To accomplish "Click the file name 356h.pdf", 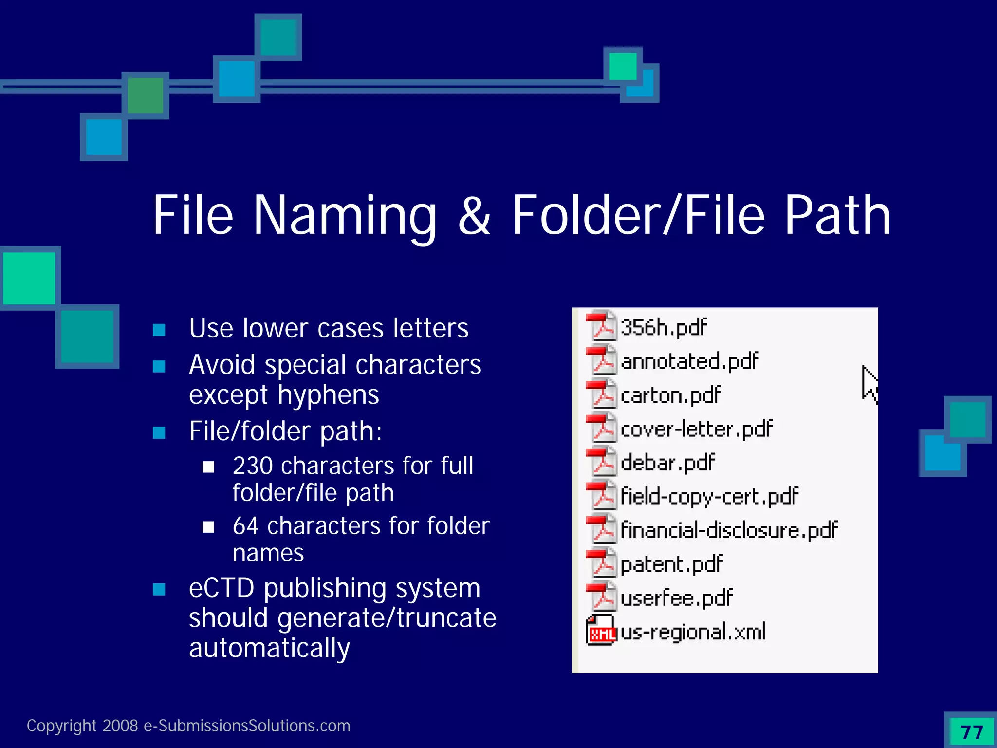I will coord(664,328).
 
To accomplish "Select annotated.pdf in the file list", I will coord(689,362).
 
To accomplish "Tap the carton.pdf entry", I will coord(670,395).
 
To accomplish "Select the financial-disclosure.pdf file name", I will coord(729,530).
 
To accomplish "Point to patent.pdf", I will coord(671,564).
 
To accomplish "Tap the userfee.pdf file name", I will coord(676,598).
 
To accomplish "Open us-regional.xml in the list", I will coord(693,632).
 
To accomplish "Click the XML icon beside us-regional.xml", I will coord(601,631).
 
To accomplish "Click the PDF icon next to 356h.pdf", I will coord(601,326).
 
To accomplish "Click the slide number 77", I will coord(972,732).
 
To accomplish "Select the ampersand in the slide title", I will coord(474,216).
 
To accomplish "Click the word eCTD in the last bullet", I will coord(222,588).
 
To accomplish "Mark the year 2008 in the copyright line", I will coord(120,726).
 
